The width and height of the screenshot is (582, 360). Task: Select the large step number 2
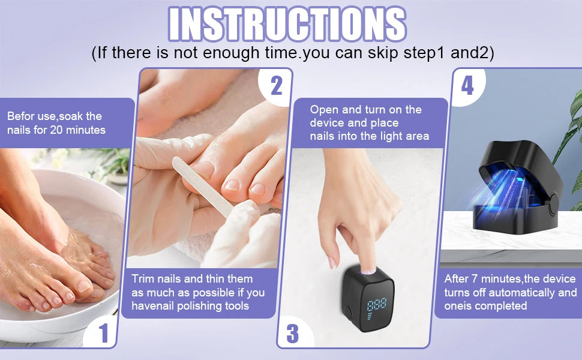[275, 85]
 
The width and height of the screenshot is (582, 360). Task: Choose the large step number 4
[467, 85]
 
